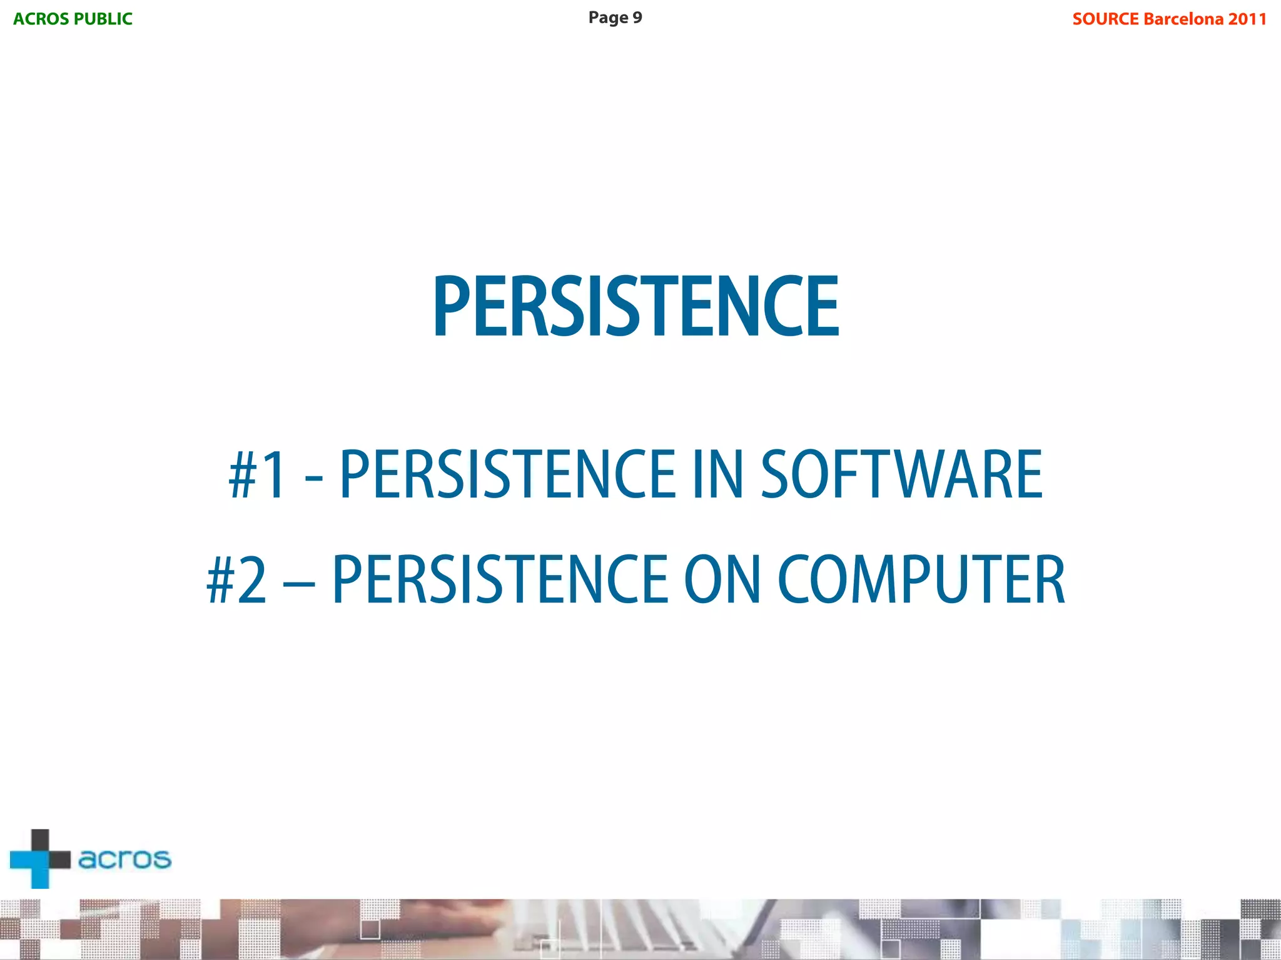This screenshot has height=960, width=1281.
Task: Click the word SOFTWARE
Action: tap(901, 475)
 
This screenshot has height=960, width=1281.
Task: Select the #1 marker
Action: tap(257, 475)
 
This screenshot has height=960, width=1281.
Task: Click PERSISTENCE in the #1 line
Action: tap(507, 475)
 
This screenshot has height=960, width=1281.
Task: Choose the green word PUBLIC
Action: tap(103, 19)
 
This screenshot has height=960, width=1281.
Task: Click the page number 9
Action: tap(637, 17)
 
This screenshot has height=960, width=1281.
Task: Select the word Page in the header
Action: tap(608, 17)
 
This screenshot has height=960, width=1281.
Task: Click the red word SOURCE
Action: tap(1105, 19)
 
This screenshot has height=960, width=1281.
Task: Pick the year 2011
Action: tap(1247, 19)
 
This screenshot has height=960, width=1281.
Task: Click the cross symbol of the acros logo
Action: tap(40, 859)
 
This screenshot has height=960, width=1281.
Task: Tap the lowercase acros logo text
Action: tap(124, 859)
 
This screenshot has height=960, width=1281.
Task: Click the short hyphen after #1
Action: tap(313, 480)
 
